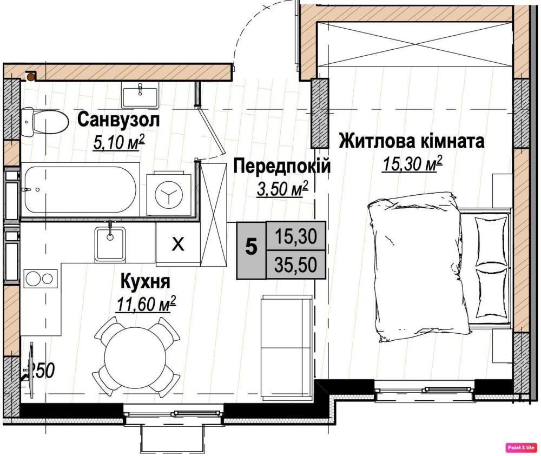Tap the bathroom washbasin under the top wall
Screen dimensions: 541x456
140,94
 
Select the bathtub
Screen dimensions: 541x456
80,190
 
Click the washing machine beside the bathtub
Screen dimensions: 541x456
169,195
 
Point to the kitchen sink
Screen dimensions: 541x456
110,243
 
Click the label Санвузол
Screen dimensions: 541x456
118,120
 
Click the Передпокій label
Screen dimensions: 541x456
282,166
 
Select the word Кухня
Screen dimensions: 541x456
145,281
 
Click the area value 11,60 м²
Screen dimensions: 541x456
146,303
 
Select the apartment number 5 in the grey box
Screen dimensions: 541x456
251,247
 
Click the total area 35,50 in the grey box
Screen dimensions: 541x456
296,265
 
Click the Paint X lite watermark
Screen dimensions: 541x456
522,447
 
